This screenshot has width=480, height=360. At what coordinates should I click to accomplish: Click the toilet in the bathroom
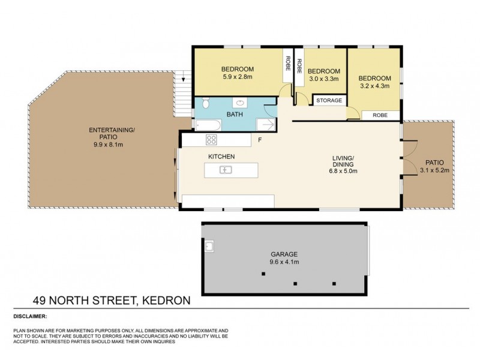click(205, 104)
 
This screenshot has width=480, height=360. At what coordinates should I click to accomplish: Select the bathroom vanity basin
click(243, 102)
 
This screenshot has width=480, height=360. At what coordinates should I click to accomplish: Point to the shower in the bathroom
click(265, 124)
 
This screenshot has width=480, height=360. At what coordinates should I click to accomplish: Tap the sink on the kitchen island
click(226, 170)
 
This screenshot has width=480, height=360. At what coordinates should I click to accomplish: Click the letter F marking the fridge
click(259, 140)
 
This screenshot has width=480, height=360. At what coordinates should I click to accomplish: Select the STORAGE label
click(329, 100)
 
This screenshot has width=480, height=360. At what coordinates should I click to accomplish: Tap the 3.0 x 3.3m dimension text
click(325, 79)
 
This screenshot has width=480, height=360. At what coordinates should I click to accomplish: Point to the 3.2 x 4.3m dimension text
click(375, 86)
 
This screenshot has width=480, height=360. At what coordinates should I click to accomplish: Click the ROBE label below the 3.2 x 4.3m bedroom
click(379, 114)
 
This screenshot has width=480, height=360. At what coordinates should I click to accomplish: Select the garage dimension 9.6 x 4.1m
click(284, 262)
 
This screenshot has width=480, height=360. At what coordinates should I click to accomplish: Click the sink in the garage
click(210, 245)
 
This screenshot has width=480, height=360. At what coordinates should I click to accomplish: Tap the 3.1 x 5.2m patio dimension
click(435, 170)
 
